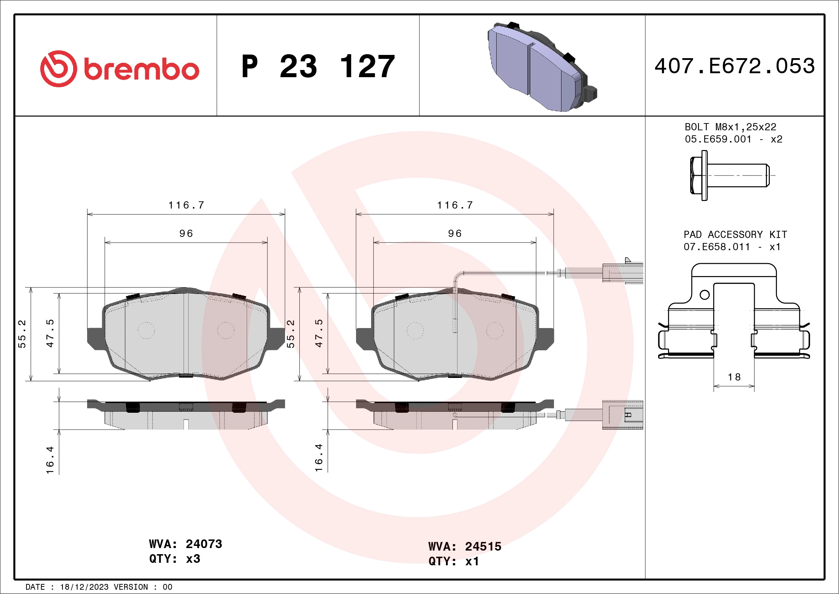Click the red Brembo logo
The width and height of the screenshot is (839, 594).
(119, 69)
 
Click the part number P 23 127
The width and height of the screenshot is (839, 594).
(318, 66)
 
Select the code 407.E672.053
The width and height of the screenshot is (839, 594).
(735, 66)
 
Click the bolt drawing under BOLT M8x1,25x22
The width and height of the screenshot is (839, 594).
(729, 175)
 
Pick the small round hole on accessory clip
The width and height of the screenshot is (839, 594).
(705, 295)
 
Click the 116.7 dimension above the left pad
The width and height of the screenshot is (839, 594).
(186, 205)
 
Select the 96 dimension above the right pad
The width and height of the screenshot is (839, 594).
(455, 233)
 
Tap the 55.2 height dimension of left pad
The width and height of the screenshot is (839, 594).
(22, 333)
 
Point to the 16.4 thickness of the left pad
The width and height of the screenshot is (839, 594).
(50, 460)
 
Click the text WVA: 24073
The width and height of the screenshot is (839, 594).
(185, 544)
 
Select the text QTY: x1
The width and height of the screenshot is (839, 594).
(453, 561)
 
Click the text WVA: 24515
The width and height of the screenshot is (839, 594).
(464, 547)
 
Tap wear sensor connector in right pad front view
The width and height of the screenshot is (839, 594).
(622, 273)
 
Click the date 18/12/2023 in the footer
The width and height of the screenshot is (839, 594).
(84, 587)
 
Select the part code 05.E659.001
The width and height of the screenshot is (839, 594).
(718, 139)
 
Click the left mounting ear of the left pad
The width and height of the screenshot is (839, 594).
(94, 338)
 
